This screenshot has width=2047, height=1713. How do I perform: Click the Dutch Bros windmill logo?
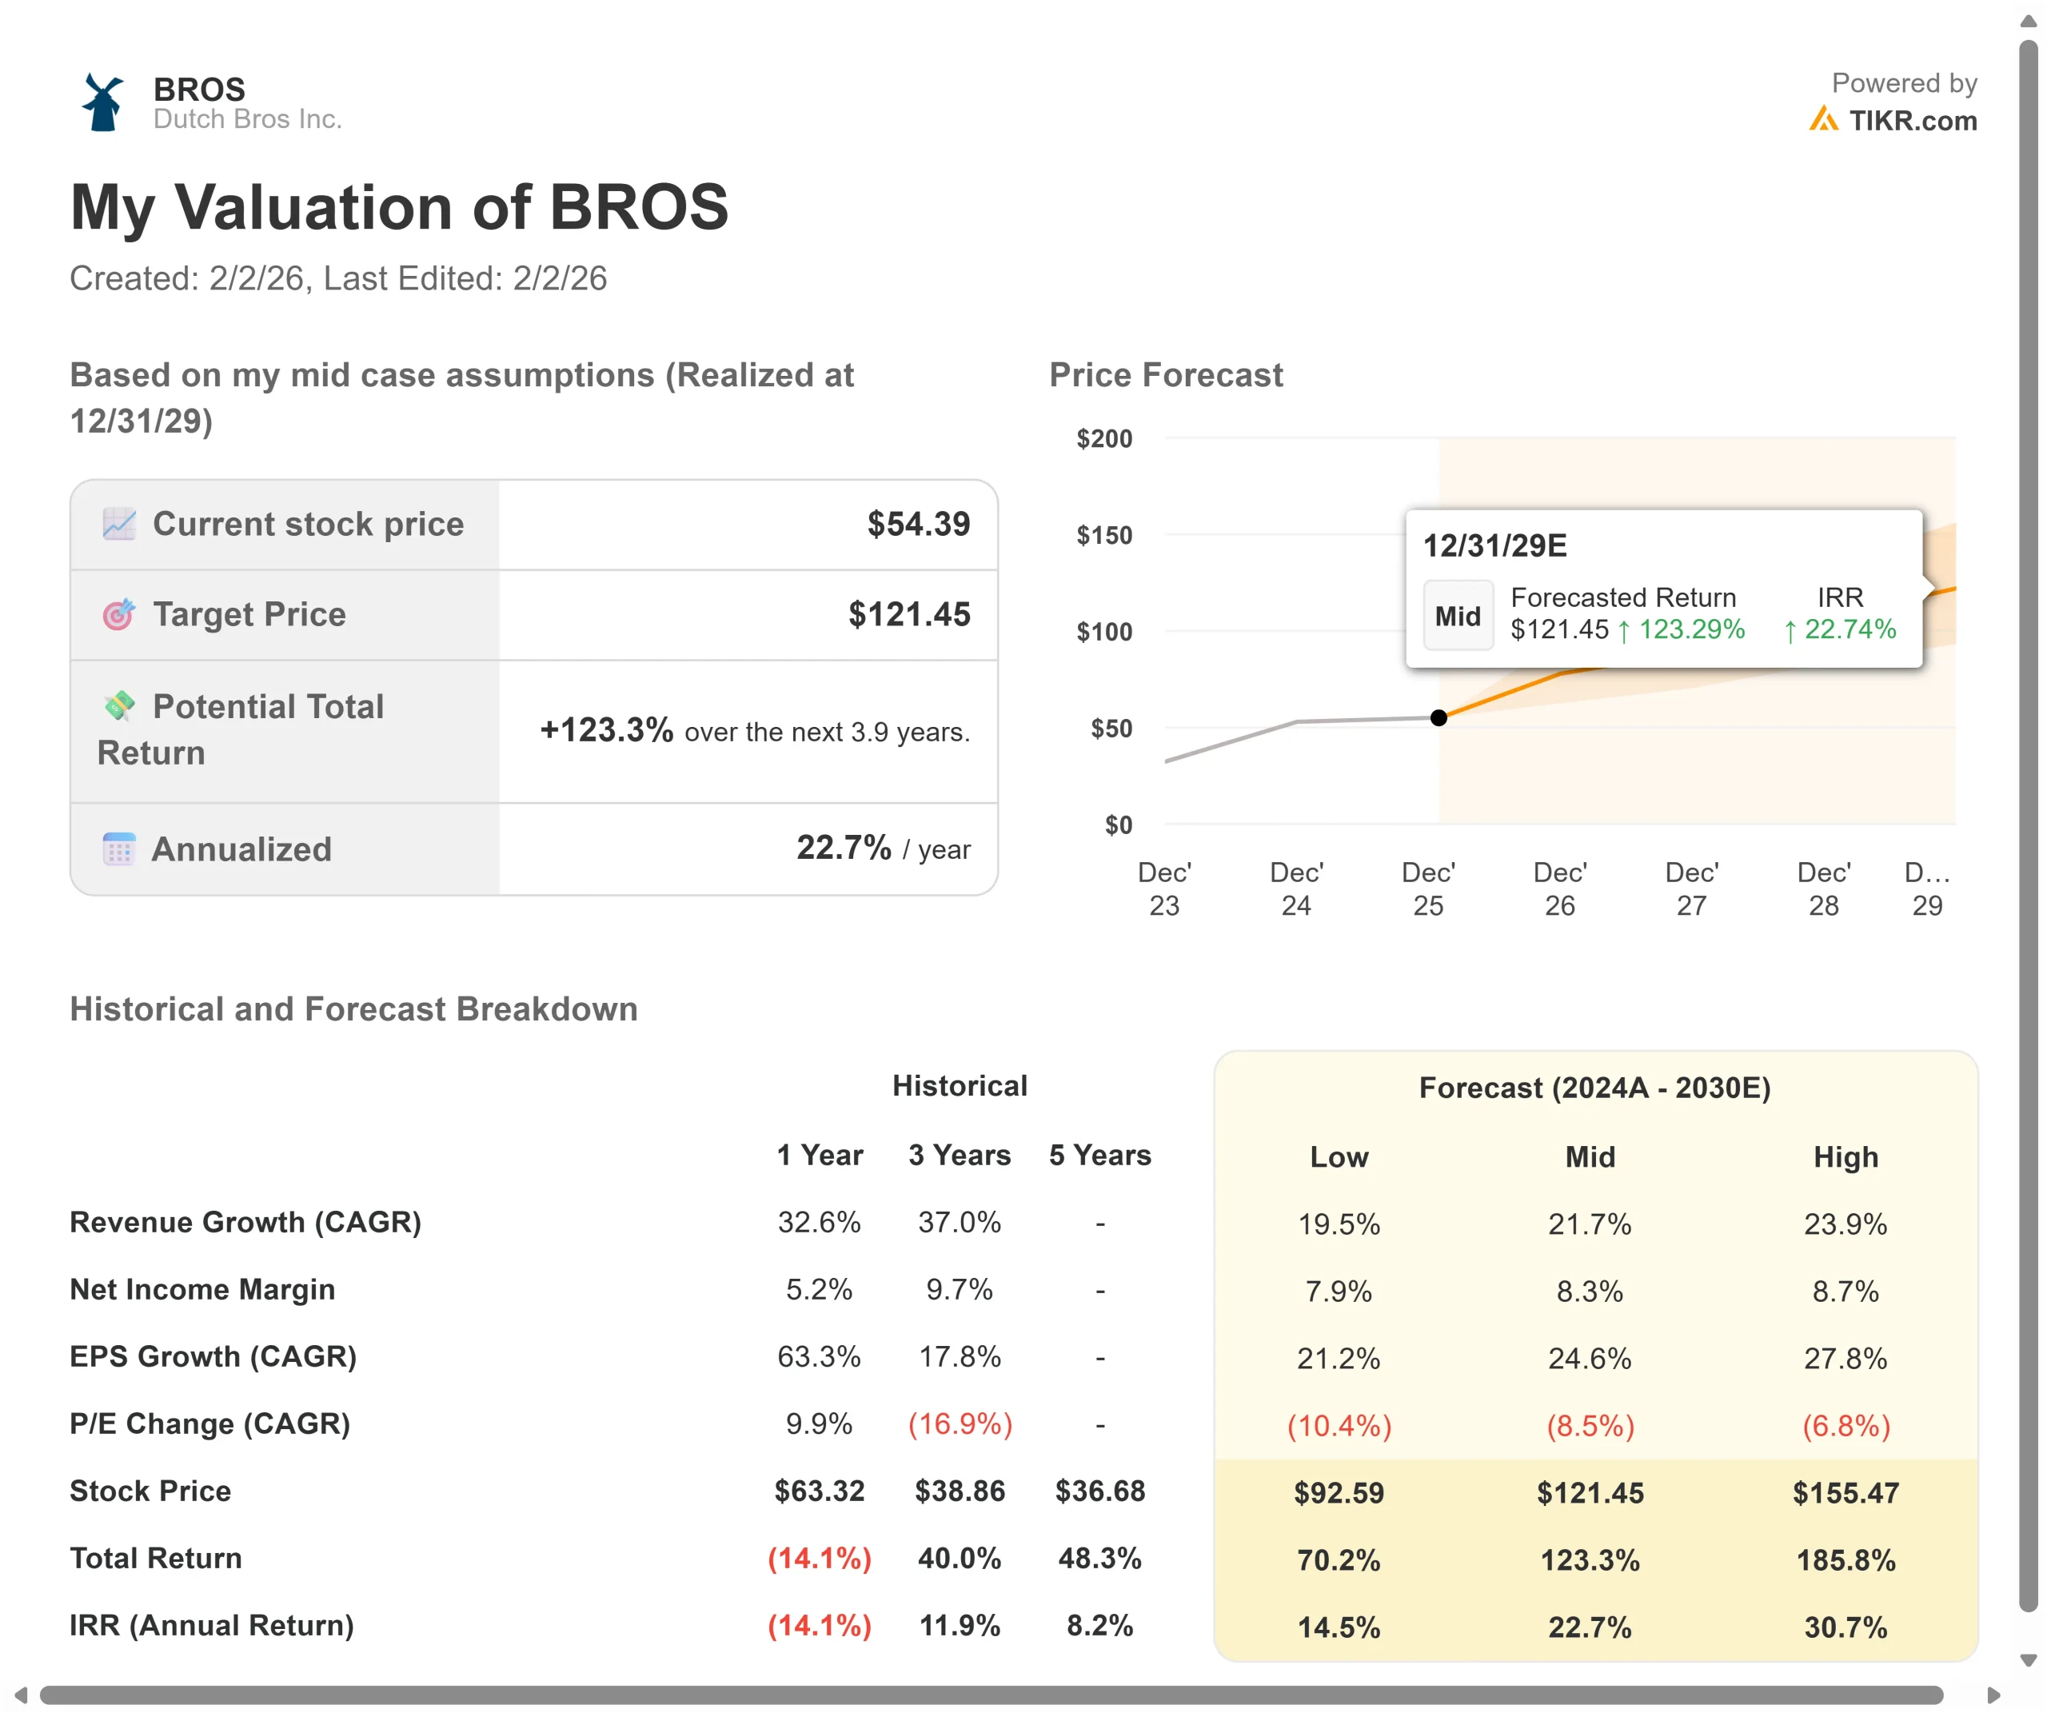point(102,102)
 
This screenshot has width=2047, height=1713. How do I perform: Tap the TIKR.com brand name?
point(1912,121)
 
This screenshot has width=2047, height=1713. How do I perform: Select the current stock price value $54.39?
point(918,525)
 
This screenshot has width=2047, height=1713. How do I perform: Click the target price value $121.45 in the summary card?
point(908,615)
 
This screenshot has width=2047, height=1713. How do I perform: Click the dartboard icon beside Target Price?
point(119,615)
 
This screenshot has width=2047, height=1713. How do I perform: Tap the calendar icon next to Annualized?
point(119,849)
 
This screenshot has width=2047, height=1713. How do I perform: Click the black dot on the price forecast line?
point(1438,718)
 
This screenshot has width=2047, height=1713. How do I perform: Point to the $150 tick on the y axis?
point(1103,535)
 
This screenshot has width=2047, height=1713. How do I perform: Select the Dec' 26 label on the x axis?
point(1559,889)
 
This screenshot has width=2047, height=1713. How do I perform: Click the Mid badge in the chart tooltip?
point(1457,616)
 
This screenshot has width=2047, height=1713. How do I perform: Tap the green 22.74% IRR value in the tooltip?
point(1849,630)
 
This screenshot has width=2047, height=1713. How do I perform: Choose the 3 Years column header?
point(960,1156)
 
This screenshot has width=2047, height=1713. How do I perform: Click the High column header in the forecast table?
point(1845,1157)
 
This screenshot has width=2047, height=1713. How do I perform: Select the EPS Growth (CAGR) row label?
point(213,1357)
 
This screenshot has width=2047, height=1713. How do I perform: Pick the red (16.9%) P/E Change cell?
point(960,1424)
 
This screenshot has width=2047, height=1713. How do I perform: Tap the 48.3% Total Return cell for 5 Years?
point(1099,1559)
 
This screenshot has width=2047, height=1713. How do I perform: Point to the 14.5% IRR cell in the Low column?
point(1339,1627)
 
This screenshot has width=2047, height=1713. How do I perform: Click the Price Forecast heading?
point(1166,375)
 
